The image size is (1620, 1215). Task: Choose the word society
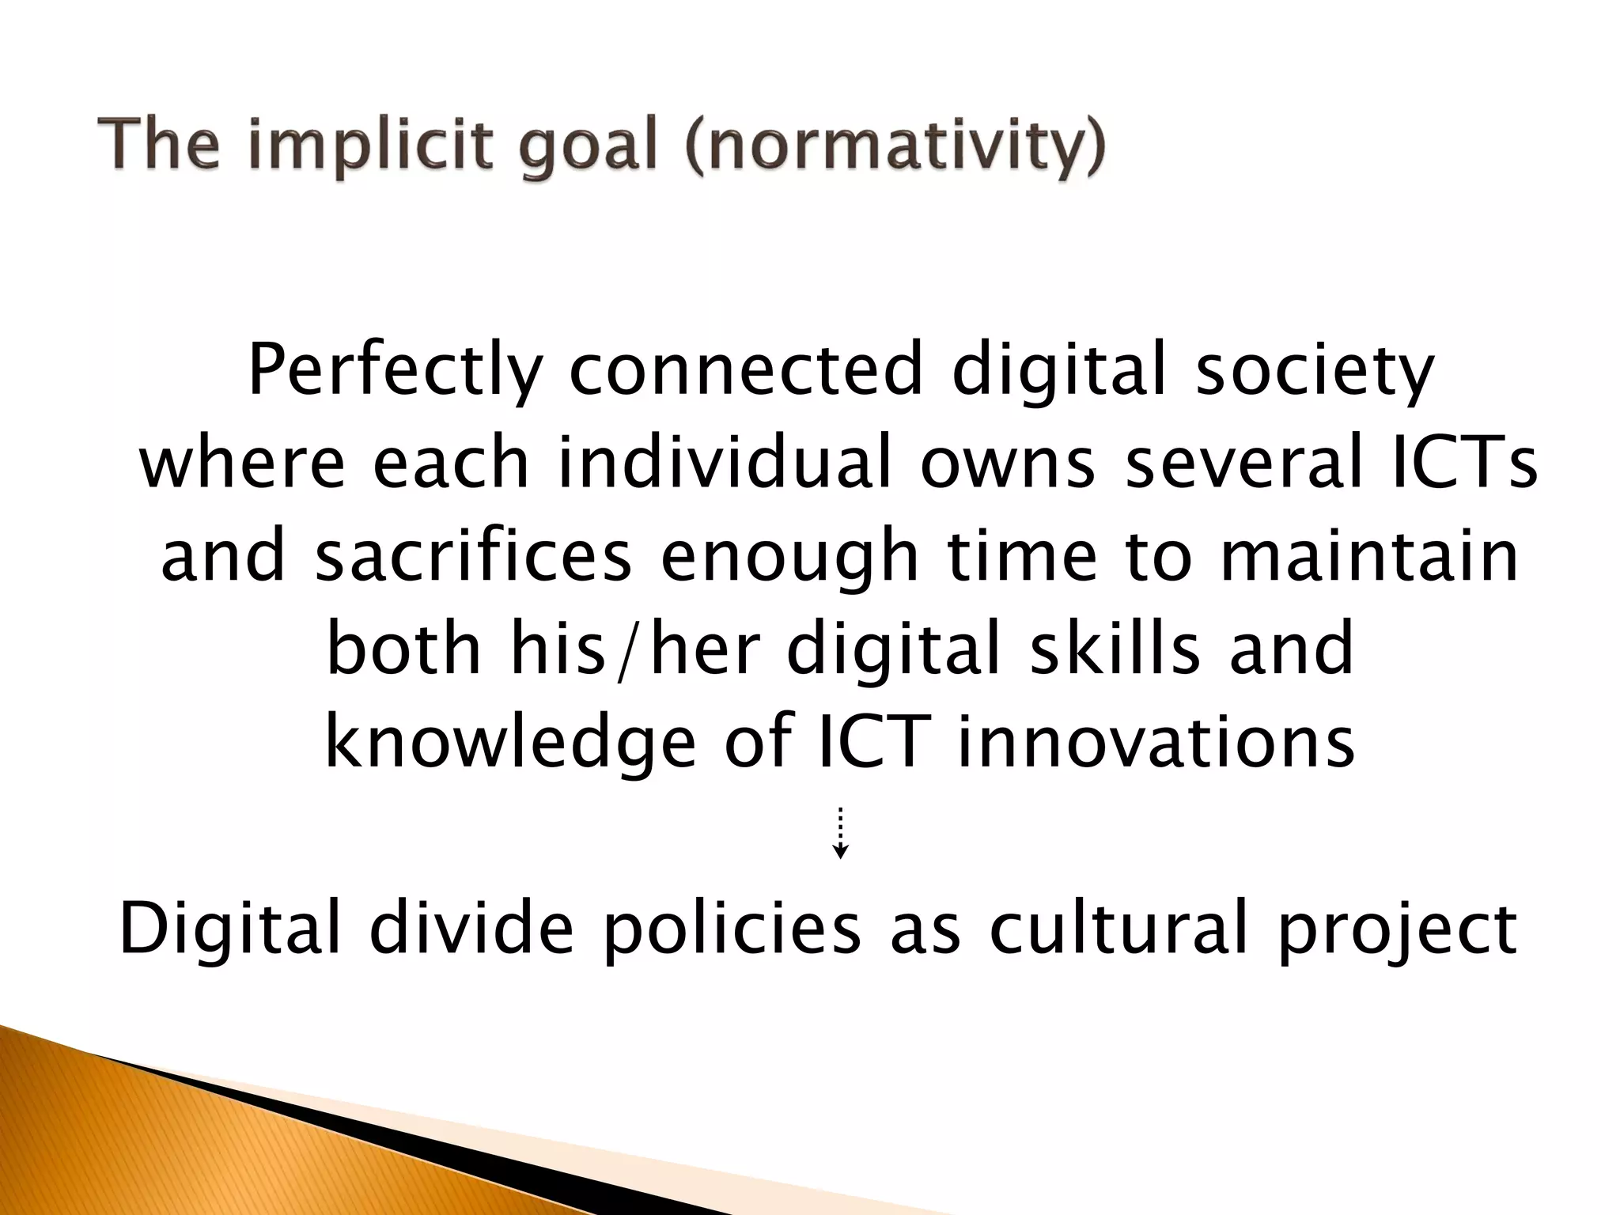tap(1313, 372)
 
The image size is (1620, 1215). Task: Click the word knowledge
tap(511, 744)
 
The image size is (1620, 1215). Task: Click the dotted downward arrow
tap(841, 833)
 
